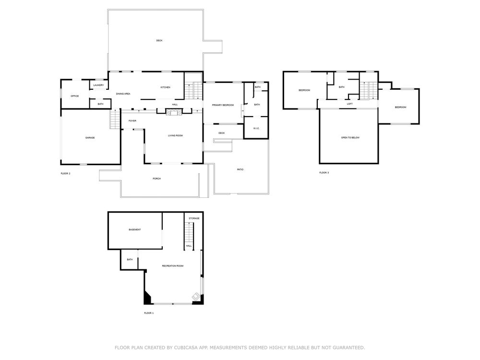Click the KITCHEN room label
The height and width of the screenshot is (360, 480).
click(165, 87)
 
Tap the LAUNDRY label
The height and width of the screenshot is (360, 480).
click(98, 85)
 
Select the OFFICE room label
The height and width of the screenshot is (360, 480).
click(75, 96)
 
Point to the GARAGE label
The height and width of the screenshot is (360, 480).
click(90, 138)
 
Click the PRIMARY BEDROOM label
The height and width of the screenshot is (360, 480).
click(223, 105)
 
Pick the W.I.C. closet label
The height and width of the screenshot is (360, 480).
click(256, 128)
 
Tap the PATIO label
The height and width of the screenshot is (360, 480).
click(240, 169)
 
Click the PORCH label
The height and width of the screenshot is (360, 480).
click(157, 179)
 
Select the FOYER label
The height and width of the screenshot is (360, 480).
click(132, 121)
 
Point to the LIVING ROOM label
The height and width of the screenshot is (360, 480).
click(175, 136)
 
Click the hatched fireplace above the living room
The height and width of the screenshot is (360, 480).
click(174, 112)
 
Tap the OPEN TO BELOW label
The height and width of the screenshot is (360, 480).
click(350, 138)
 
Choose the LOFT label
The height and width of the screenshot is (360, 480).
click(349, 104)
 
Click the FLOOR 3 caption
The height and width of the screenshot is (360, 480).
click(324, 173)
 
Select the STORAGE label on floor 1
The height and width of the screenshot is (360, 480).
click(194, 218)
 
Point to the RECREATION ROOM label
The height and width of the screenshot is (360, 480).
click(173, 266)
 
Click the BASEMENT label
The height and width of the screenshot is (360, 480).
click(135, 229)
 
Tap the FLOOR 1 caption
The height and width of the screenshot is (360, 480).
click(149, 313)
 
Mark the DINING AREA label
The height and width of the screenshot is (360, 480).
click(123, 94)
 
